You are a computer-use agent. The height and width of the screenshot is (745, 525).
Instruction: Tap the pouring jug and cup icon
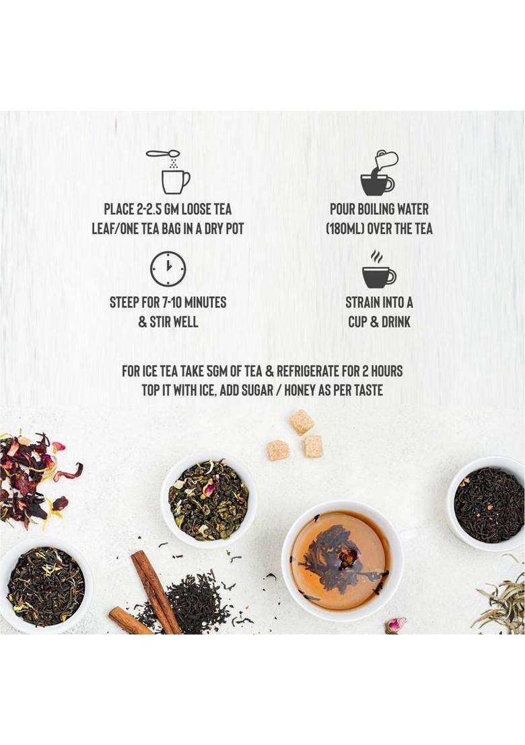click(378, 173)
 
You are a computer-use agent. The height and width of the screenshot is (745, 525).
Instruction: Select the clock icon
click(168, 269)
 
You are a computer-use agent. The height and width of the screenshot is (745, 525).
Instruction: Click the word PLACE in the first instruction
click(119, 209)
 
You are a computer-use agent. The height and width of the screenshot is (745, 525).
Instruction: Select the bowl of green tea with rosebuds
click(209, 500)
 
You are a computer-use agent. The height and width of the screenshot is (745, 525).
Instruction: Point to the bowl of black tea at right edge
click(487, 504)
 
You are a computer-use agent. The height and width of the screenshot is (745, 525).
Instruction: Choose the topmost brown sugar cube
click(302, 422)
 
